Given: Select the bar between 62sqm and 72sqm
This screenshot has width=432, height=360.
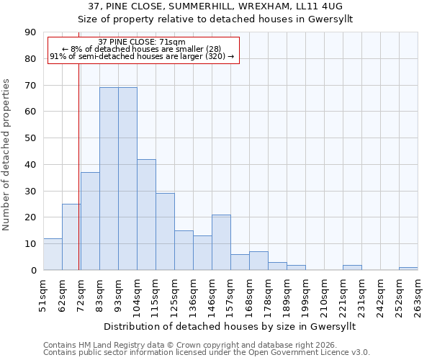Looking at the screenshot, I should pos(71,237).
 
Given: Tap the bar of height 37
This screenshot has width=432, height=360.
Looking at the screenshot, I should pos(90,221).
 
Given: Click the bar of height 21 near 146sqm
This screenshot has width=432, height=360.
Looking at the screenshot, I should pos(221,242).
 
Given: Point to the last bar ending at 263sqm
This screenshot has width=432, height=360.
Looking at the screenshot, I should pos(408,269).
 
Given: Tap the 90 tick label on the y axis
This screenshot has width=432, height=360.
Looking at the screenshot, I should pos(30,32).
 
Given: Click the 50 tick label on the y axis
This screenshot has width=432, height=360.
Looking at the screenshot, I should pos(30,138).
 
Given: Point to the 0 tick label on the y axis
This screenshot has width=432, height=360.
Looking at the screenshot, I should pos(33,270).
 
